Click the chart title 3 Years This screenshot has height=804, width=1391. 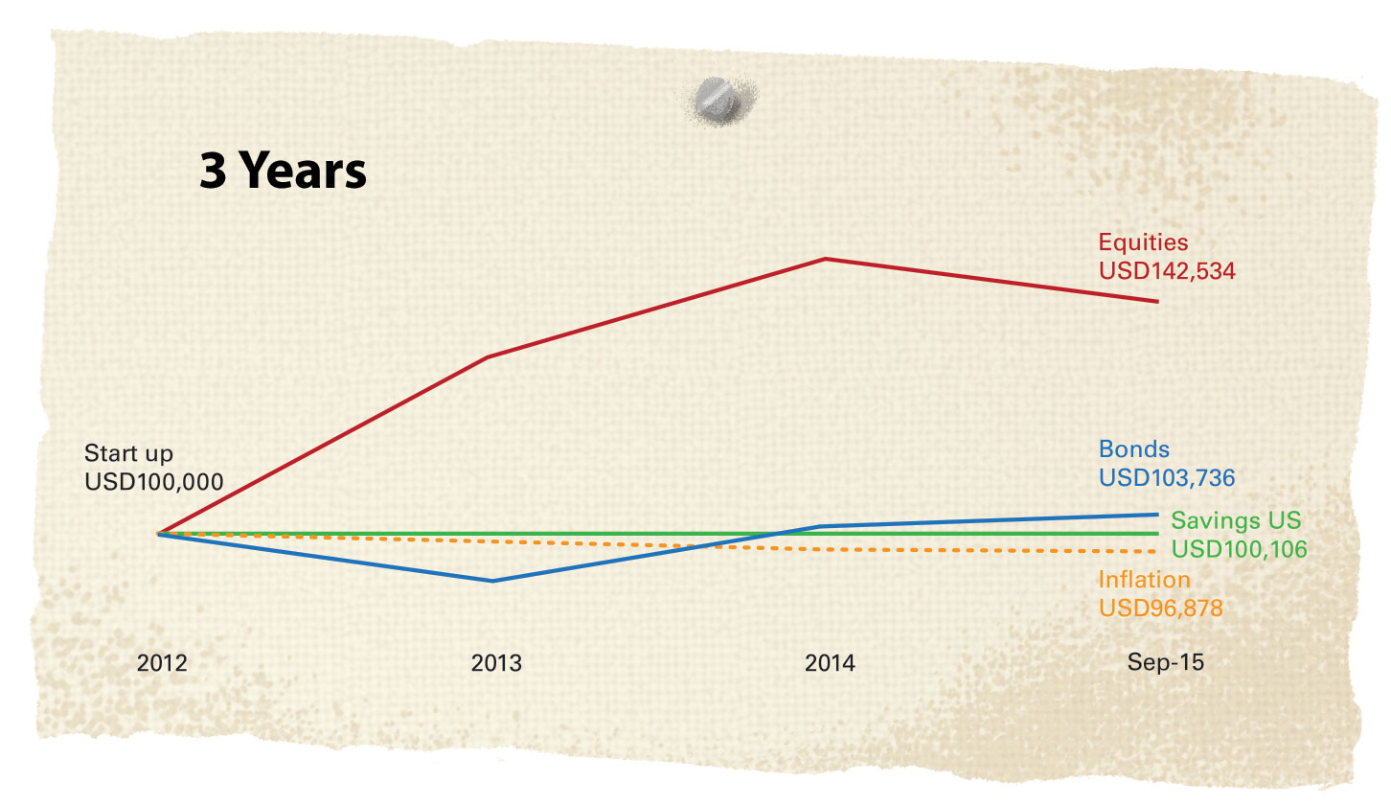pos(283,172)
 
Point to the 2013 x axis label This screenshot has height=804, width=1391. pos(496,663)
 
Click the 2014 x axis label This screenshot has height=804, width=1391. pos(830,663)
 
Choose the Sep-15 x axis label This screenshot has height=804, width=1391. pos(1165,663)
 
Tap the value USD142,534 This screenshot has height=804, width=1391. pos(1167,271)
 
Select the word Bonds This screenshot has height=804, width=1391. pos(1134,448)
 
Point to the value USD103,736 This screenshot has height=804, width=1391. pos(1167,477)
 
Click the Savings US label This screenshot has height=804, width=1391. pos(1236,520)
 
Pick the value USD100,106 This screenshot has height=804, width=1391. pos(1240,550)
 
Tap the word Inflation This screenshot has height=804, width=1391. pos(1144,580)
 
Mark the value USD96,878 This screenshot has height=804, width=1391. pos(1160,609)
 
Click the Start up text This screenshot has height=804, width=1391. pos(128,452)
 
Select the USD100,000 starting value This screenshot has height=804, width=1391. pos(153,481)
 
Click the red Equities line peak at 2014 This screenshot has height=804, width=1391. pos(825,259)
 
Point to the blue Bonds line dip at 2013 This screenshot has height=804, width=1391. pos(492,581)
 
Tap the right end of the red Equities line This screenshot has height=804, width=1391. pos(1157,301)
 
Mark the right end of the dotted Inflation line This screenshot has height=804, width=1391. pos(1155,552)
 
